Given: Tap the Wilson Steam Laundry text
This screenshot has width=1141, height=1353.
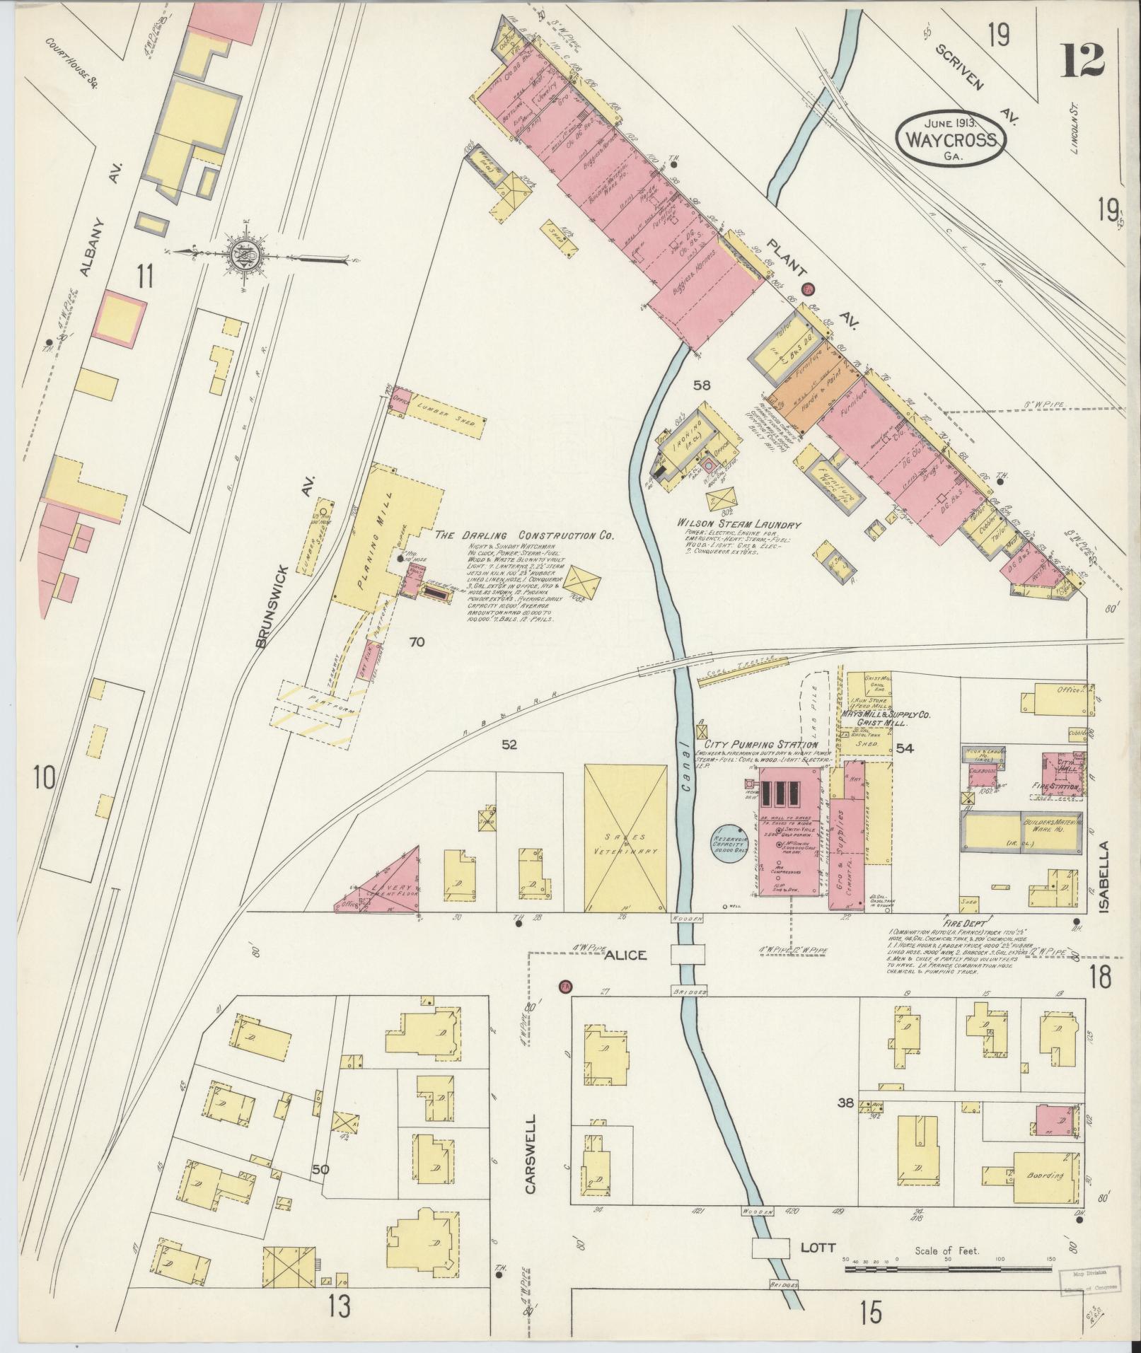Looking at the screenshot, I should tap(739, 525).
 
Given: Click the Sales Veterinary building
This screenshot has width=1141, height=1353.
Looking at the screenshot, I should tap(625, 837).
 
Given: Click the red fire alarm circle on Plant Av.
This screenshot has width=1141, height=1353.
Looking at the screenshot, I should tap(807, 289).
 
